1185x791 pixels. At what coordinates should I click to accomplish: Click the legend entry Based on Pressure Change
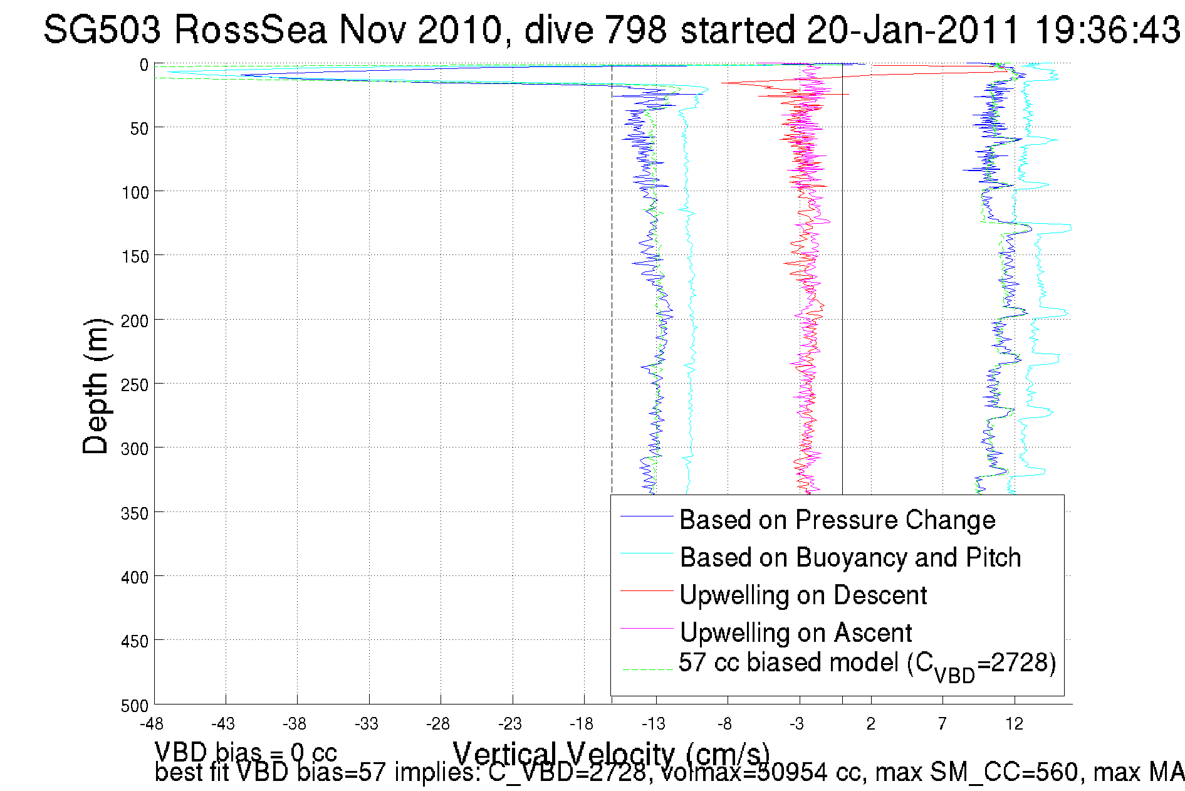[837, 520]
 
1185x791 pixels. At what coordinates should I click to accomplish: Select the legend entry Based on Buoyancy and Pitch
[850, 558]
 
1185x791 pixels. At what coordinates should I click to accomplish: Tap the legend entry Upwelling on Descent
[803, 595]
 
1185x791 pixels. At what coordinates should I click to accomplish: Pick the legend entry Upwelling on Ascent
[796, 633]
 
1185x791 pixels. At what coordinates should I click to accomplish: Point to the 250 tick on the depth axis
[135, 385]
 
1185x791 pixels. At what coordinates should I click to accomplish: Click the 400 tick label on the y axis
[135, 577]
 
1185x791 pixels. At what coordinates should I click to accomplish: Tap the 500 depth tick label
[135, 706]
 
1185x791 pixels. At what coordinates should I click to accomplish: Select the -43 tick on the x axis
[223, 724]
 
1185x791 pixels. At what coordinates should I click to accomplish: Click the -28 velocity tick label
[438, 724]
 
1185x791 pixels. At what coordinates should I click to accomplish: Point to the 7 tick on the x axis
[942, 724]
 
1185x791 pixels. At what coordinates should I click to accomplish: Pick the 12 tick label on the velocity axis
[1014, 724]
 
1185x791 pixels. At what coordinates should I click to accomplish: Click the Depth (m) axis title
[96, 386]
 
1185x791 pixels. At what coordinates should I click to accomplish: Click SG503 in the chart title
[102, 29]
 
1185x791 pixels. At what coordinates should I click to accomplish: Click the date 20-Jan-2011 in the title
[914, 29]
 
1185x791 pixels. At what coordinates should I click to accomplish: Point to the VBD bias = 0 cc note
[246, 752]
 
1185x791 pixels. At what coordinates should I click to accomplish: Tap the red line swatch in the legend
[646, 591]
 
